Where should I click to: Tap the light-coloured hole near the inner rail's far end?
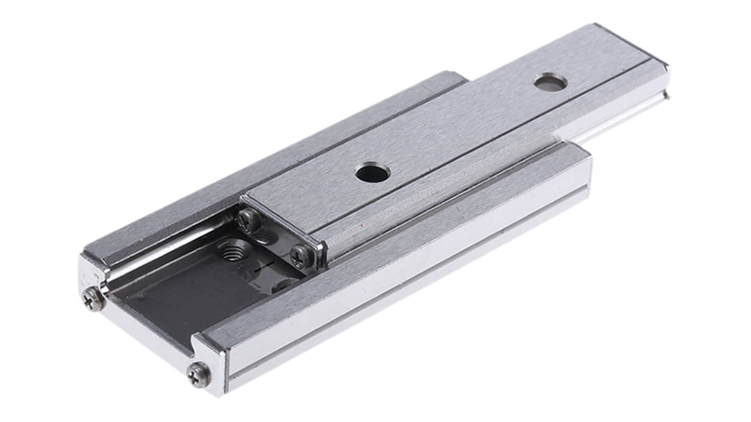(550, 81)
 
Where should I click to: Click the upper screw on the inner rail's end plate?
(248, 220)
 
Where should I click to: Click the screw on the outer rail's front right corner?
(199, 374)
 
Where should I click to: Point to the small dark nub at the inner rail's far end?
(666, 95)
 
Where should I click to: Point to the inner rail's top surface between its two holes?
(460, 127)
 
